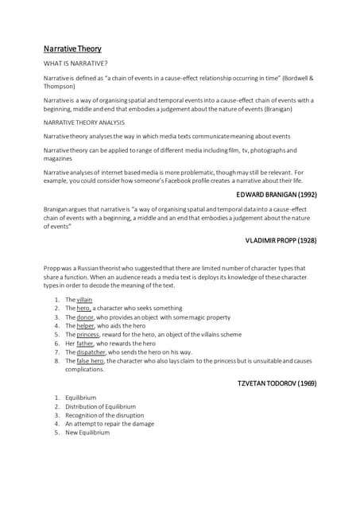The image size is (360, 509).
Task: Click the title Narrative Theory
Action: (x=72, y=49)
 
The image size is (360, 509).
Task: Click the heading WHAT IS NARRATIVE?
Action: (x=75, y=63)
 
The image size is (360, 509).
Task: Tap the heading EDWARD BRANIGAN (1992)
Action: (x=277, y=193)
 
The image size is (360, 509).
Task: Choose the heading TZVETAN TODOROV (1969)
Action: (x=277, y=383)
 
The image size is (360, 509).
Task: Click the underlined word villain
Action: (x=84, y=300)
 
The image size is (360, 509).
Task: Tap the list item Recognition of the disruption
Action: (x=94, y=415)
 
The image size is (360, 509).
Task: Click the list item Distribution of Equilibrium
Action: (x=95, y=406)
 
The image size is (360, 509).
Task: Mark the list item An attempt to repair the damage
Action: (x=103, y=424)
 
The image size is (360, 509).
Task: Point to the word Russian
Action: (x=92, y=267)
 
